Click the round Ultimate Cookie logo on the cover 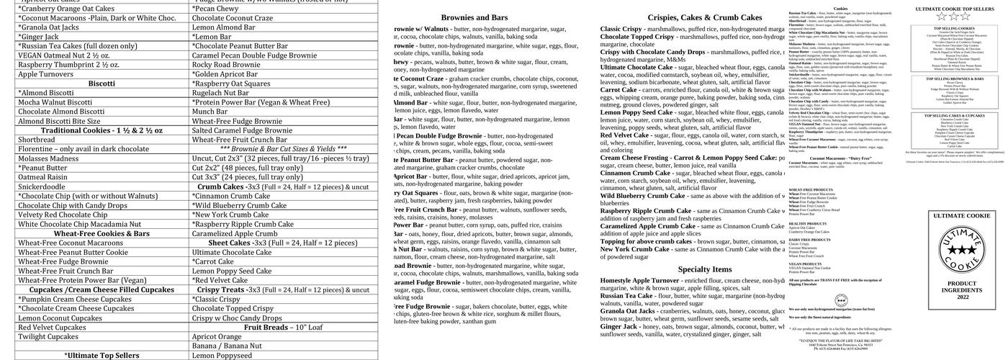point(962,251)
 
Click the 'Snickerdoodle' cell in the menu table point(42,186)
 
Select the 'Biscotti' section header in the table point(102,84)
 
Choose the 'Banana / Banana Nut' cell point(227,346)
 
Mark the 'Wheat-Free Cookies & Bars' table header point(102,233)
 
